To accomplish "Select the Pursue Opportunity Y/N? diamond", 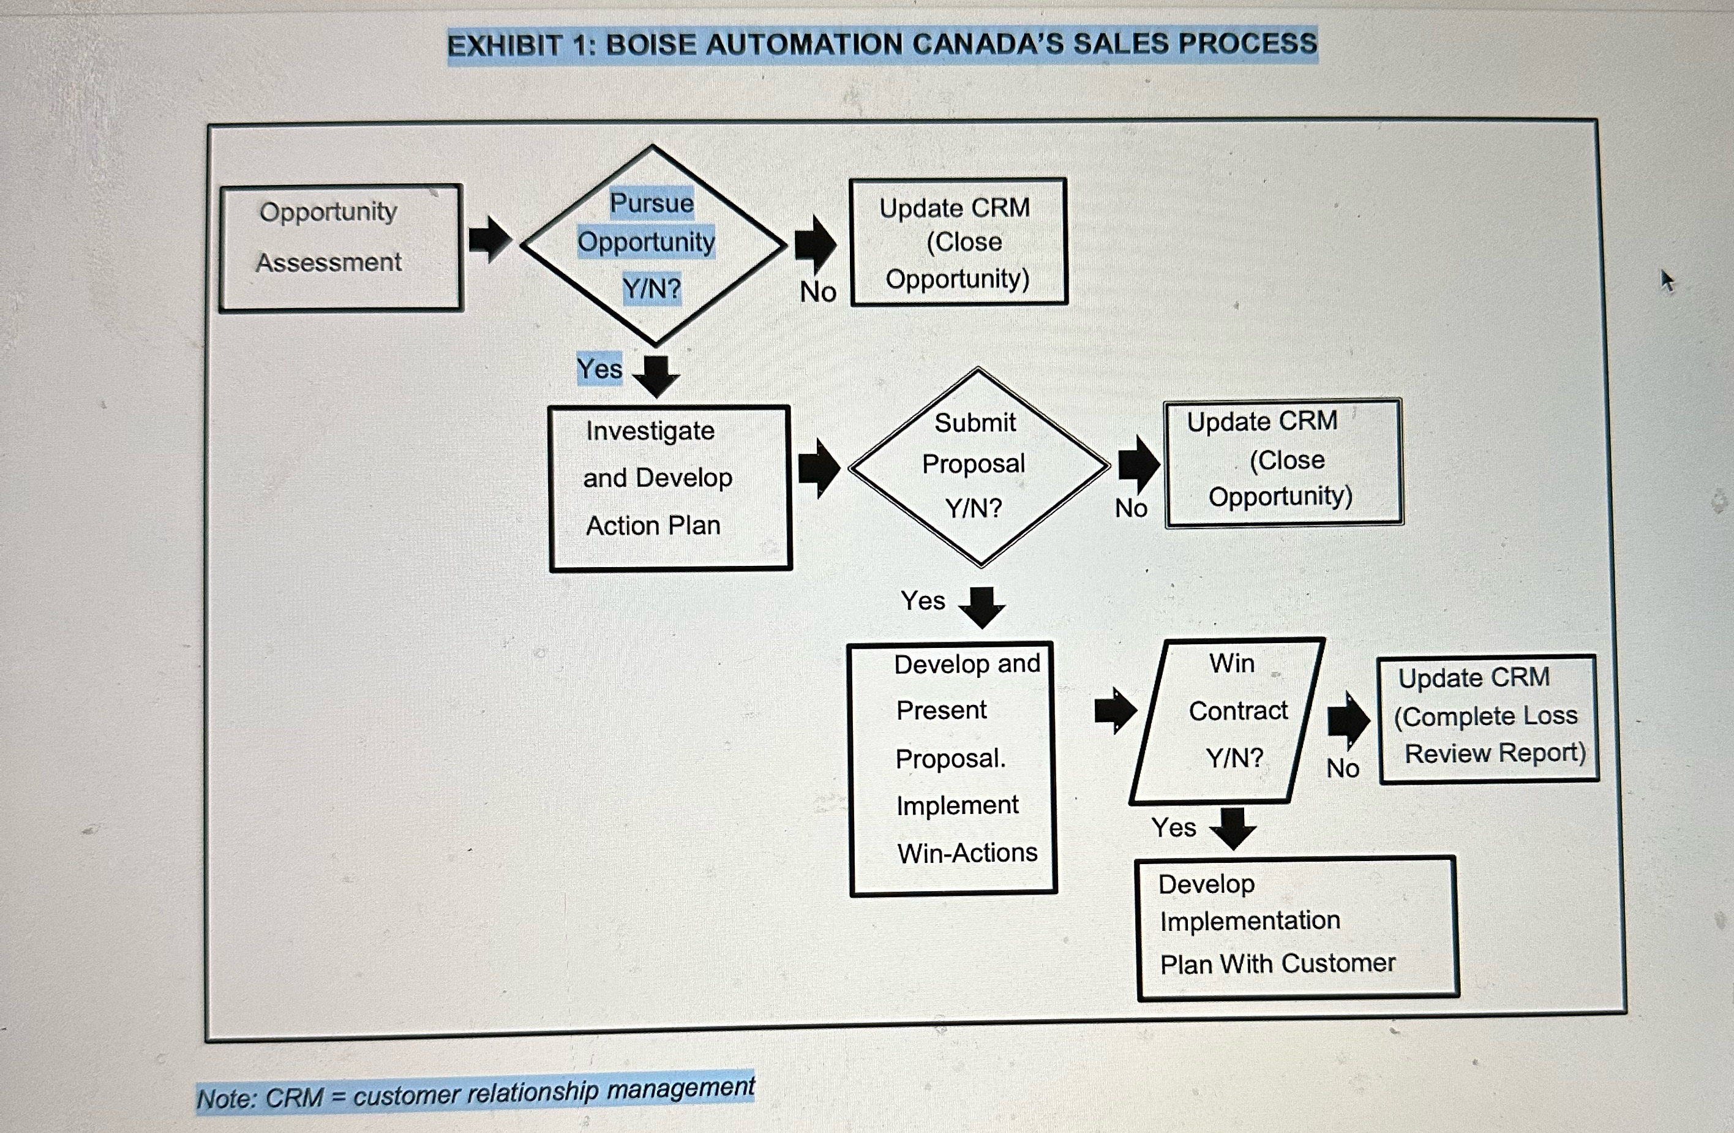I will [653, 245].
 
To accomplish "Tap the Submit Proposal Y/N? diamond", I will [978, 466].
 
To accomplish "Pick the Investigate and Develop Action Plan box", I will [669, 487].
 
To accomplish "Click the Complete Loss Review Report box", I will [1488, 718].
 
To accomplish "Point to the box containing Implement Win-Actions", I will [952, 768].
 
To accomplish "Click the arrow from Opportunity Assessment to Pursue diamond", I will [490, 239].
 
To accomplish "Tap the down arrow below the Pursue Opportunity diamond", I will [656, 375].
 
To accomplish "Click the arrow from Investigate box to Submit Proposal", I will [819, 468].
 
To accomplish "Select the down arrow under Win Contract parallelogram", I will [1233, 827].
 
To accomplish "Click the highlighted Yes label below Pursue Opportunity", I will [599, 369].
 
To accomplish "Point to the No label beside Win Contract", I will [1342, 768].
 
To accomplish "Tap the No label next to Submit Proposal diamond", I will [1131, 508].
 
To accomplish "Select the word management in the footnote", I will [680, 1088].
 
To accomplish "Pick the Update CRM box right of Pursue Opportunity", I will [958, 242].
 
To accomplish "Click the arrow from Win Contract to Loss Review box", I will [1347, 720].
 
